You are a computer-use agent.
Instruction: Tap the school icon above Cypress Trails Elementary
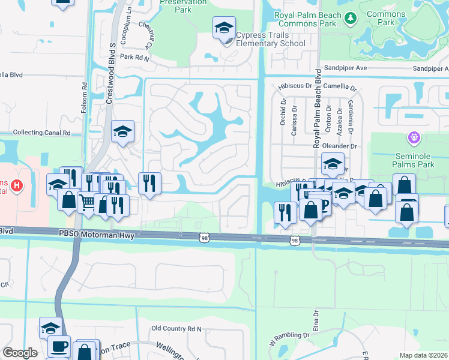point(223,28)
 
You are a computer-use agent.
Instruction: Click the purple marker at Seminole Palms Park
point(413,139)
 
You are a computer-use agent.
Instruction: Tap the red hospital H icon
point(17,185)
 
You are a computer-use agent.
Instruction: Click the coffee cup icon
point(59,347)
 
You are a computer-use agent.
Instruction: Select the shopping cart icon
point(88,204)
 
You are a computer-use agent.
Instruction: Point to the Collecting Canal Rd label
point(41,133)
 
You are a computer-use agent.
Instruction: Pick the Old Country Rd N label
point(176,329)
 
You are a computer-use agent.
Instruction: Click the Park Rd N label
point(134,57)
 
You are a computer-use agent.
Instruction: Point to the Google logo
point(20,353)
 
